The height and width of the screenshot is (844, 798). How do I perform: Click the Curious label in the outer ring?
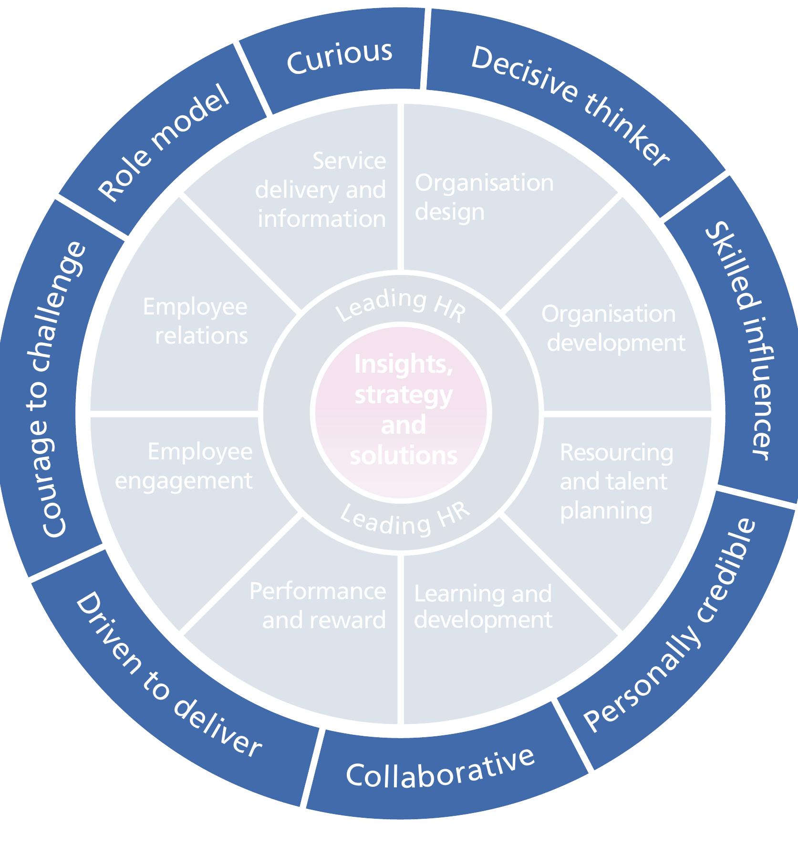[339, 58]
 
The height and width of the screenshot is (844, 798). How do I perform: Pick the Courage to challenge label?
[60, 389]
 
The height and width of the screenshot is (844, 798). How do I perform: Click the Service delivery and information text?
[321, 190]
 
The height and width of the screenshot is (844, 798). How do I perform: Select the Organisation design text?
[484, 197]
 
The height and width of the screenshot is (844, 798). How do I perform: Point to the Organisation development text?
[613, 328]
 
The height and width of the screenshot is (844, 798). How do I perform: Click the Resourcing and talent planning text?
[616, 481]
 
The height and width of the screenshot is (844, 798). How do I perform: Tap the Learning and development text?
[483, 607]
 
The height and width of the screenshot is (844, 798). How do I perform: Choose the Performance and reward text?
[318, 606]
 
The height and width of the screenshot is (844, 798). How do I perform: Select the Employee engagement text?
[184, 466]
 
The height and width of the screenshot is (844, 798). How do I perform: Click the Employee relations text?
[195, 321]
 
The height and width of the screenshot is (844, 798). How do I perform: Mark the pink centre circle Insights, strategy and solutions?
[402, 413]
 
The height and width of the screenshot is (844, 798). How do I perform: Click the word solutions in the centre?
[404, 455]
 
